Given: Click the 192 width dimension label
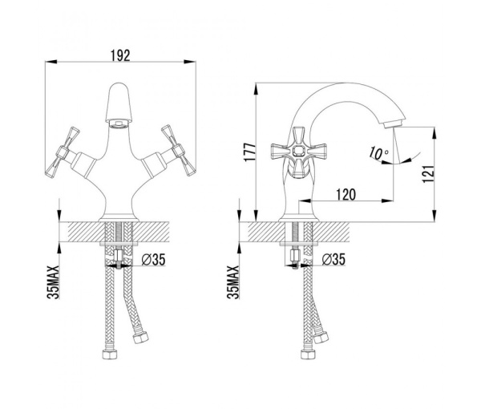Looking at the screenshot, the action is (120, 55).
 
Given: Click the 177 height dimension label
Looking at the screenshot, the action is (251, 152).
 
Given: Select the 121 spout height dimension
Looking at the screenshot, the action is (429, 174).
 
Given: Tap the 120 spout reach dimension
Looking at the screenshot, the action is (346, 195).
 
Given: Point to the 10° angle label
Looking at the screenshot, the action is (378, 153).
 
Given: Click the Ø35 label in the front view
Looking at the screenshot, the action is (153, 260).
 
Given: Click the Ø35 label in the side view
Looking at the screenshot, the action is (333, 259).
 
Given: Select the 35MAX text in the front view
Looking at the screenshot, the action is (53, 282).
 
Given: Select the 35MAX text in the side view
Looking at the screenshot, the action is (233, 282).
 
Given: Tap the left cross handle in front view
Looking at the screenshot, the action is (63, 152).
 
